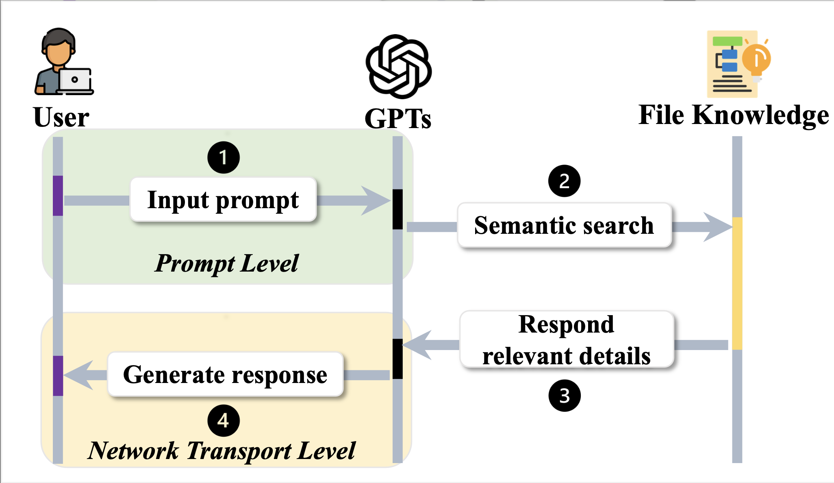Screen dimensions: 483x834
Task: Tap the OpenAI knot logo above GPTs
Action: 398,67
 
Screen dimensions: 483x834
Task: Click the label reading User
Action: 61,117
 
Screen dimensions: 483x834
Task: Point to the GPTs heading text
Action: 398,119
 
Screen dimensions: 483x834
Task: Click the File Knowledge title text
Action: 734,115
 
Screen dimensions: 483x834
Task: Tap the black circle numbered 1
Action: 223,157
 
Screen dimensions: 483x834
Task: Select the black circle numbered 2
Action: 564,181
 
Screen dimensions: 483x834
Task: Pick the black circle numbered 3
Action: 564,395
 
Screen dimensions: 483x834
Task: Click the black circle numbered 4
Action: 223,420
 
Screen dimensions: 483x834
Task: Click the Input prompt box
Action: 223,200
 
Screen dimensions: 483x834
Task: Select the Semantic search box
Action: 564,225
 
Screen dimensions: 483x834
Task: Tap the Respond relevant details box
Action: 567,339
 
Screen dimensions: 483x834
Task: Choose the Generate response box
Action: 225,374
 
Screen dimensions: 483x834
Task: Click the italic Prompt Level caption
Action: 227,263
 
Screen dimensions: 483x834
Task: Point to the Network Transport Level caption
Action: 222,450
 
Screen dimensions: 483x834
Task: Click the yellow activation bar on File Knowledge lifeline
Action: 737,283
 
